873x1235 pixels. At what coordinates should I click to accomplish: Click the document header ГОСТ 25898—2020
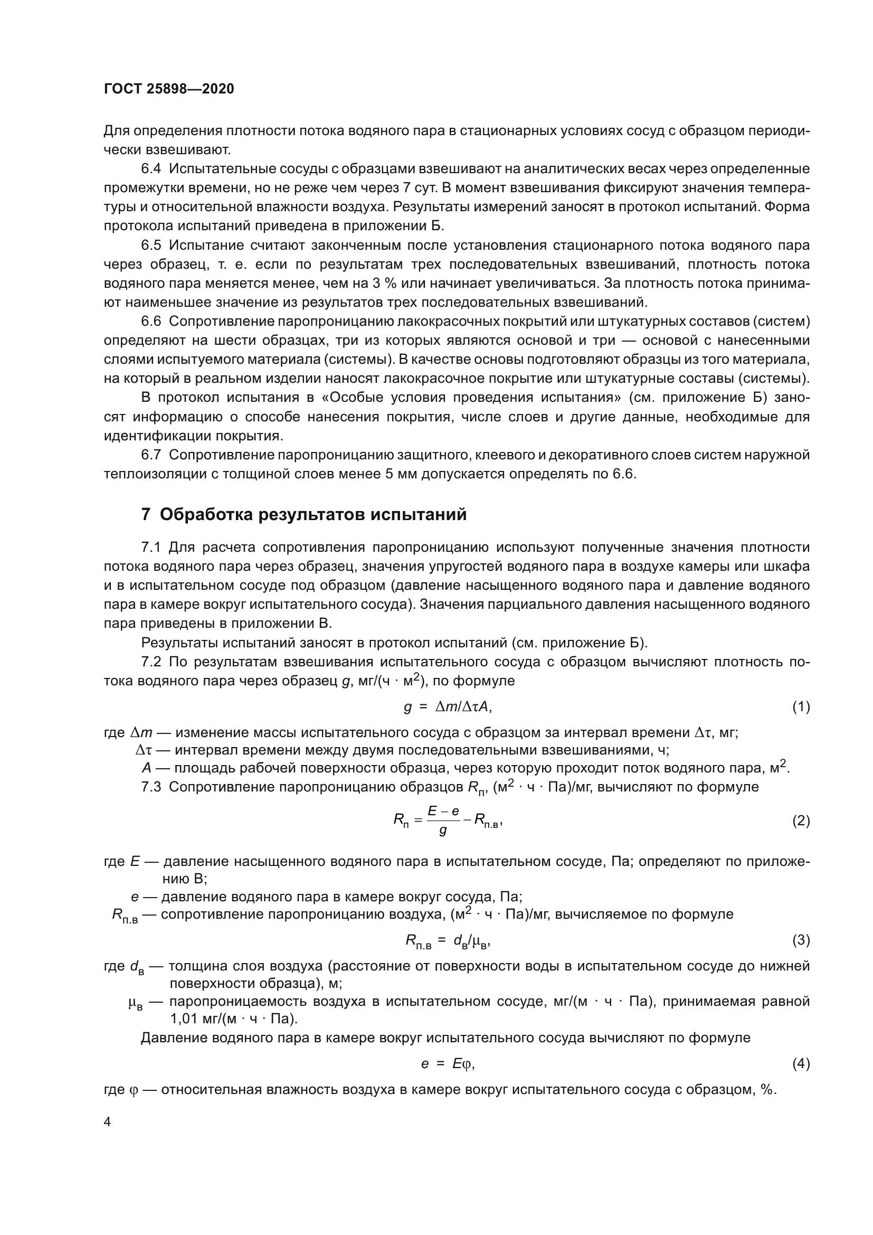(x=169, y=89)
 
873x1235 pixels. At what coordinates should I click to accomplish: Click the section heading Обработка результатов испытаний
(x=313, y=515)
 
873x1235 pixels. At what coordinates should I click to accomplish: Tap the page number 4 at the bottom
(x=108, y=1122)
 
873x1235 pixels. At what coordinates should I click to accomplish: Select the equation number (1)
(x=801, y=707)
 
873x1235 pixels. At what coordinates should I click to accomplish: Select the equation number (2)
(x=801, y=821)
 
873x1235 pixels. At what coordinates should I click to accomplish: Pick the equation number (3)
(x=801, y=940)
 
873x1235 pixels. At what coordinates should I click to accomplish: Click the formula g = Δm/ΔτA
(x=447, y=707)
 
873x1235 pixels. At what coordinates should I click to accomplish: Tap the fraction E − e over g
(x=443, y=821)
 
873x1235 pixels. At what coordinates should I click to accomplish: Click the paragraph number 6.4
(x=151, y=169)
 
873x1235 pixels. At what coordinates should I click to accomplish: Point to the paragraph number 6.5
(x=151, y=246)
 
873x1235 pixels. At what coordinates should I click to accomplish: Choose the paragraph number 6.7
(x=151, y=455)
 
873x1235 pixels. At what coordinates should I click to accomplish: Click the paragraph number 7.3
(x=151, y=787)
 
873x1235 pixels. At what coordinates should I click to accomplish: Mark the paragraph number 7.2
(x=151, y=662)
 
